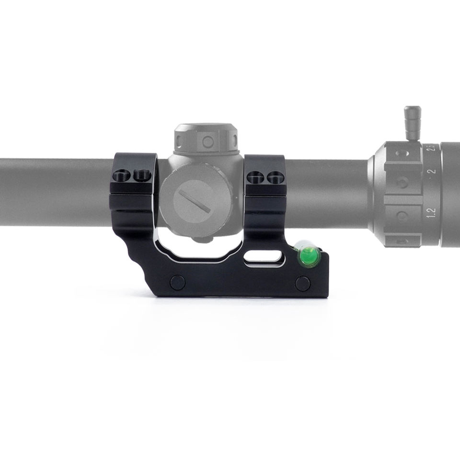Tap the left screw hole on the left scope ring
[x=122, y=176]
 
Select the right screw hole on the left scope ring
[x=142, y=176]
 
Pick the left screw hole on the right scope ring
[x=255, y=177]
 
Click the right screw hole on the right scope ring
[x=275, y=177]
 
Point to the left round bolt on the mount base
[x=177, y=282]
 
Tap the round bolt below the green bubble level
[x=303, y=283]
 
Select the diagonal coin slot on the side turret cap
[x=195, y=201]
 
